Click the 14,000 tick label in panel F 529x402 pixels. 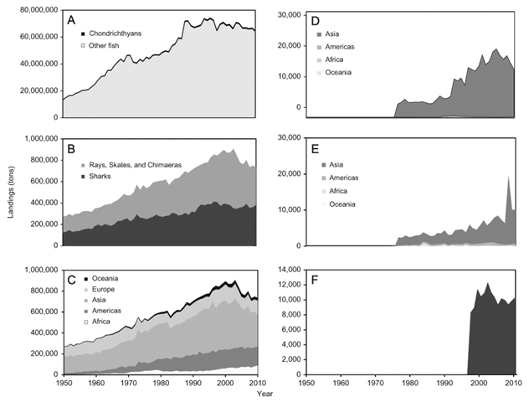tap(287, 269)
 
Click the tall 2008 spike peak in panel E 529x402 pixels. tap(508, 176)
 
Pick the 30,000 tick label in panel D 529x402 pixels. tap(287, 15)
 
